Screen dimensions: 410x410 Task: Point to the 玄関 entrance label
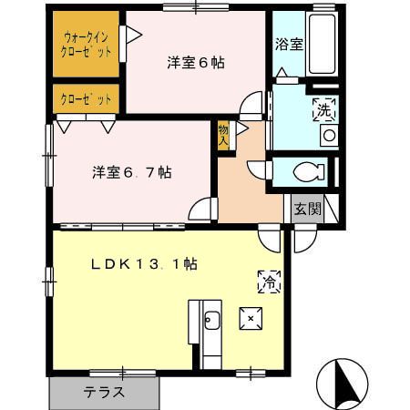308,208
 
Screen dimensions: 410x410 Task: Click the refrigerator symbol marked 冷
269,282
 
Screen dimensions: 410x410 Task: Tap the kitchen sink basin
211,320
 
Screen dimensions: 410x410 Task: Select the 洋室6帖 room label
195,63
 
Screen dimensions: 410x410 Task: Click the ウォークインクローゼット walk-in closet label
88,45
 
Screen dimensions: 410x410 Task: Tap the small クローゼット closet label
87,97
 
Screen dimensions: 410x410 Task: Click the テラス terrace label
104,393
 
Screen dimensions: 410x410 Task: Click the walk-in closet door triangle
132,36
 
